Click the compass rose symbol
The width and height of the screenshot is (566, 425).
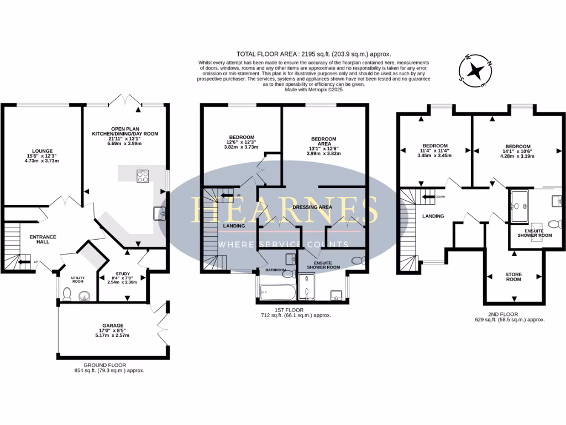click(475, 71)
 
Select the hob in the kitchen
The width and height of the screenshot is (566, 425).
click(143, 177)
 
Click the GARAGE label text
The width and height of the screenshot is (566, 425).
click(113, 325)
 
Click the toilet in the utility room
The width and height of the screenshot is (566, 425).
click(66, 294)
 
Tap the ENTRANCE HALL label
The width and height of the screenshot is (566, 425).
click(43, 240)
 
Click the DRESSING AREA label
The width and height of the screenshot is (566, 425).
click(312, 206)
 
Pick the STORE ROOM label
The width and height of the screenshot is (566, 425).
click(513, 276)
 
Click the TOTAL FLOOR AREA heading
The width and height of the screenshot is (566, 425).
click(313, 54)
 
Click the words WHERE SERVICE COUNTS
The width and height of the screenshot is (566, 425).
click(284, 245)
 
